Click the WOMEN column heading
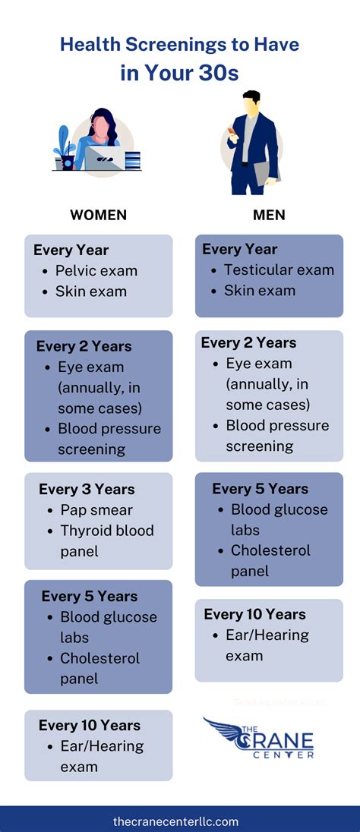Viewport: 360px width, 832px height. (98, 215)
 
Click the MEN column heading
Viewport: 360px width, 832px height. (269, 215)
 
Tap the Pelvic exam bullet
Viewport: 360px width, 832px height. (96, 270)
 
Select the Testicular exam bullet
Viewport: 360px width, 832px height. (278, 269)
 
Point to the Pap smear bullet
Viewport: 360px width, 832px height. (96, 509)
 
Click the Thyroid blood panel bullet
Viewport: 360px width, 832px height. (106, 540)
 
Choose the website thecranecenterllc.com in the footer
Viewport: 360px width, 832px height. (175, 821)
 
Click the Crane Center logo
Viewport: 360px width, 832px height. (259, 737)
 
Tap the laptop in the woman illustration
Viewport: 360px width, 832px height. (106, 157)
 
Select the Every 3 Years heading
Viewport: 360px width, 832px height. (87, 489)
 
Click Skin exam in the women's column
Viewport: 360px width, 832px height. (90, 292)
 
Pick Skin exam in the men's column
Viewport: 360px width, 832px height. (260, 291)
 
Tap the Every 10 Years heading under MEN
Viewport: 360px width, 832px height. (254, 614)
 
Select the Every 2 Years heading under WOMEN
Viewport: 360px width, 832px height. (84, 346)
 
